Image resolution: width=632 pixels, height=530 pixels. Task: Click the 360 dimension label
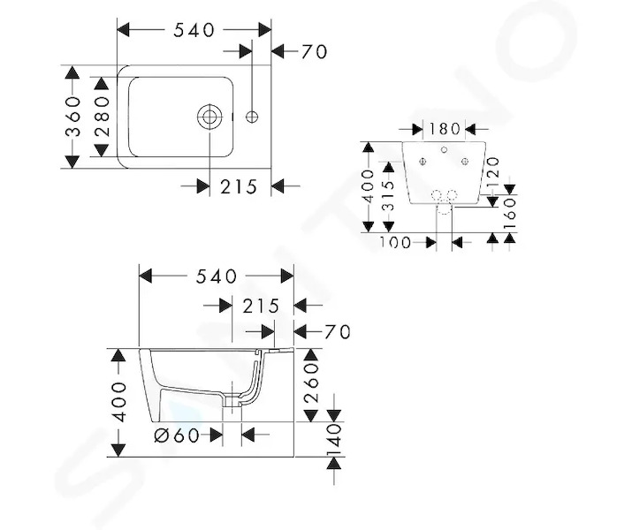[73, 117]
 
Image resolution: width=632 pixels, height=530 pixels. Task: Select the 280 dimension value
[102, 117]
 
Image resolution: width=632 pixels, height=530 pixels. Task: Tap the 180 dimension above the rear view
[444, 129]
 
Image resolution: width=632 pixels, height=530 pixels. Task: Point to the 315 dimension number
[388, 196]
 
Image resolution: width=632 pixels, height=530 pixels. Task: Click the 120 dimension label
[493, 172]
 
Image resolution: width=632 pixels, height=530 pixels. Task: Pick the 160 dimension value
[510, 213]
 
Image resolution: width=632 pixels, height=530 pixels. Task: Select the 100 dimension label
[394, 242]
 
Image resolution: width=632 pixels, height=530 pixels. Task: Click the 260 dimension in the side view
[311, 383]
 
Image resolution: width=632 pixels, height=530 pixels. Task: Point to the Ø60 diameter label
[177, 435]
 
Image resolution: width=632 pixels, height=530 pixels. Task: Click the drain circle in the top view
[209, 117]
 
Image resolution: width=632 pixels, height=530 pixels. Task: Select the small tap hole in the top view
[252, 117]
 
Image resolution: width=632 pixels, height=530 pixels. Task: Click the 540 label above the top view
[194, 30]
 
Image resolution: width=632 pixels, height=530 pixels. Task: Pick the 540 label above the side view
[217, 276]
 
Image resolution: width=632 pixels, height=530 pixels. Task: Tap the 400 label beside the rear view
[368, 186]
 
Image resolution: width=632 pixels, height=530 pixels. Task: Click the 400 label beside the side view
[118, 402]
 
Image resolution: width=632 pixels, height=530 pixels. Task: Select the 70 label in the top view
[314, 52]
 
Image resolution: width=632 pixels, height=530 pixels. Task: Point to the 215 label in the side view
[261, 307]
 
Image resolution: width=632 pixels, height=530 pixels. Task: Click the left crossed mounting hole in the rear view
[423, 162]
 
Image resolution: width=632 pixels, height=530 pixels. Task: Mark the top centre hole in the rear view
[444, 150]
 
